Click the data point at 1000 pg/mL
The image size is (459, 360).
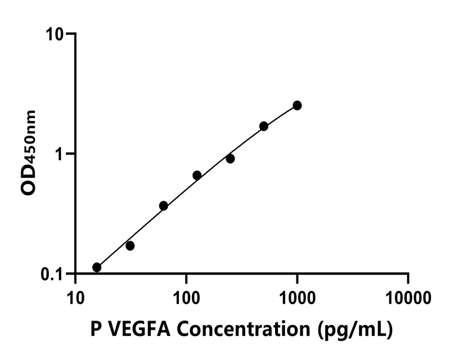(297, 105)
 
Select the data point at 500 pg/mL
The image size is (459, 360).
(264, 126)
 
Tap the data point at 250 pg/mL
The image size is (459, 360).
(230, 159)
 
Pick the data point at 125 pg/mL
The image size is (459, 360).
(197, 175)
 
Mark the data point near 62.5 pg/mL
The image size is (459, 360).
(164, 206)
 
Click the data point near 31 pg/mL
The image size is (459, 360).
(130, 246)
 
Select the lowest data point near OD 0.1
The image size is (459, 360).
(97, 267)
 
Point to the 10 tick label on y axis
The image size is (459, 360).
(56, 34)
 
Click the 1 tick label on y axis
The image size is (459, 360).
(62, 154)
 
